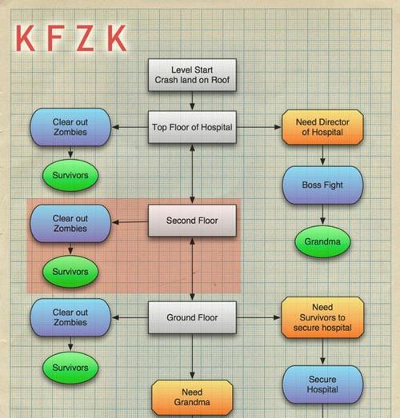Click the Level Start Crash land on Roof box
pyautogui.click(x=192, y=75)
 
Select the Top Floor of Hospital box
pyautogui.click(x=192, y=127)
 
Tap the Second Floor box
pyautogui.click(x=192, y=221)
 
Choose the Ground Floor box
pyautogui.click(x=192, y=317)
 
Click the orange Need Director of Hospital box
pyautogui.click(x=322, y=127)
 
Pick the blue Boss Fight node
pyautogui.click(x=322, y=185)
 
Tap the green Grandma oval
pyautogui.click(x=322, y=241)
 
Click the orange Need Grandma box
pyautogui.click(x=192, y=397)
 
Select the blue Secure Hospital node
pyautogui.click(x=322, y=384)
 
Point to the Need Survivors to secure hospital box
pyautogui.click(x=322, y=317)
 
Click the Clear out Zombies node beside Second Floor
pyautogui.click(x=70, y=224)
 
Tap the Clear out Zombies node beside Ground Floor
pyautogui.click(x=70, y=317)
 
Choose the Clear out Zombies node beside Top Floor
pyautogui.click(x=70, y=127)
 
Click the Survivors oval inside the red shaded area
pyautogui.click(x=70, y=272)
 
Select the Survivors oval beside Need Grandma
pyautogui.click(x=70, y=368)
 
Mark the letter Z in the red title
pyautogui.click(x=86, y=38)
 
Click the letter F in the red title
pyautogui.click(x=55, y=38)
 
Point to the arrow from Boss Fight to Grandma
pyautogui.click(x=322, y=214)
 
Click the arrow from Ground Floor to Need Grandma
pyautogui.click(x=192, y=356)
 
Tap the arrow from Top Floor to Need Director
pyautogui.click(x=259, y=127)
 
